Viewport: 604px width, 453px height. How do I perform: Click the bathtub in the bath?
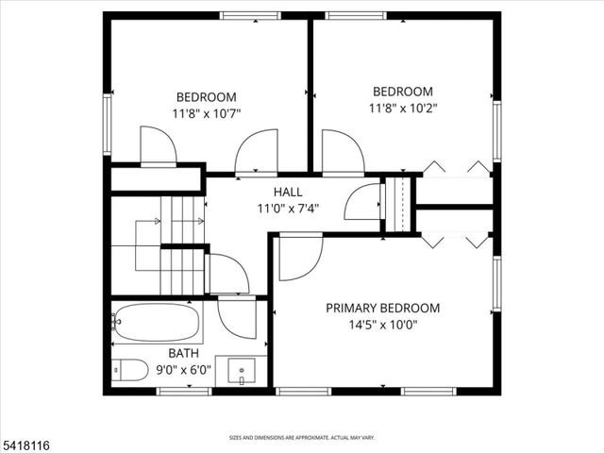[157, 323]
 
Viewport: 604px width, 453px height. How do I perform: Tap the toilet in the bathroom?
[129, 370]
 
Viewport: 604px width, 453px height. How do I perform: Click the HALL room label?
[288, 193]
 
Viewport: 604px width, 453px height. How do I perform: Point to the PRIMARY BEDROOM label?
[382, 308]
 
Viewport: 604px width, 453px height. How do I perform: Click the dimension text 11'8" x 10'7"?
[206, 112]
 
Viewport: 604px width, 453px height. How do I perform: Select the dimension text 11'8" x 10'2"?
[404, 108]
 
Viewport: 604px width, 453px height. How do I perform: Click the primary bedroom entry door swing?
[299, 258]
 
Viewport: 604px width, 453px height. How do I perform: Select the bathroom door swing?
[236, 317]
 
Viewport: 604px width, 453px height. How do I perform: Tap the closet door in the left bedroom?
[158, 146]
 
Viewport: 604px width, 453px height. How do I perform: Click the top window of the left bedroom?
[250, 15]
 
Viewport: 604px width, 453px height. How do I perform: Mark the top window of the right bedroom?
[355, 15]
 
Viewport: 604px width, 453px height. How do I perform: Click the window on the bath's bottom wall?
[183, 390]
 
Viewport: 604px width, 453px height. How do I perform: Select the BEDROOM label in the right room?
[403, 92]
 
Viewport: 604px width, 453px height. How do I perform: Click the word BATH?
[132, 355]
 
